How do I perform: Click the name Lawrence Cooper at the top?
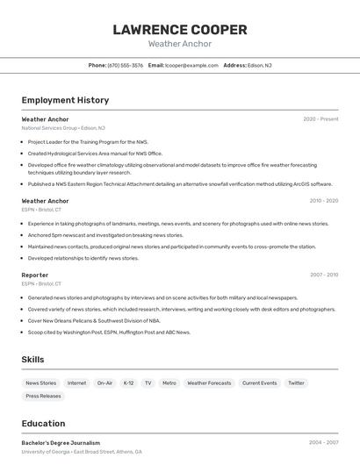pos(179,30)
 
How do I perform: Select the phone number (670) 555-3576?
pos(125,65)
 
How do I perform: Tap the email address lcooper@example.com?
pos(191,65)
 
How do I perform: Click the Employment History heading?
pos(65,100)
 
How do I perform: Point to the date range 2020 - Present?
pos(320,119)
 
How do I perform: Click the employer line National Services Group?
pos(62,128)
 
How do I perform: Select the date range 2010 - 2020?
pos(323,201)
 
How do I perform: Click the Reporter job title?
pos(34,275)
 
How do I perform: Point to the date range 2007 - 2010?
pos(323,275)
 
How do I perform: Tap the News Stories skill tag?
pos(40,383)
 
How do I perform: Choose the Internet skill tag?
pos(77,383)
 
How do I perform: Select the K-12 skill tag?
pos(128,383)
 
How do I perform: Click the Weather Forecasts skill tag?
pos(209,383)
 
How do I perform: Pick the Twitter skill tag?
pos(296,383)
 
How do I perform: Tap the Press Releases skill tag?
pos(43,397)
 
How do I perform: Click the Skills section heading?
pos(32,360)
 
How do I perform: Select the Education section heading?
pos(43,424)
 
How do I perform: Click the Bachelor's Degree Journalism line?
pos(61,443)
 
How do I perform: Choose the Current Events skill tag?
pos(259,383)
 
